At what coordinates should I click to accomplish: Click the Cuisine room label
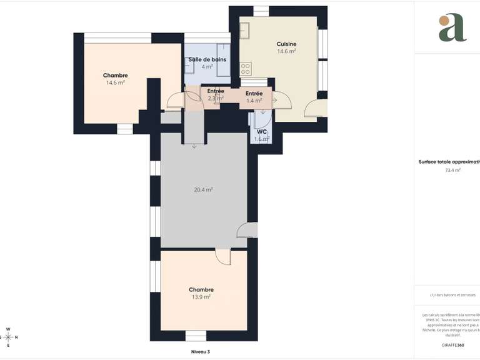pyautogui.click(x=286, y=44)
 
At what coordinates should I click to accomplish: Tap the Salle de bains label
pyautogui.click(x=207, y=59)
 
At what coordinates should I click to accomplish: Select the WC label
pyautogui.click(x=262, y=132)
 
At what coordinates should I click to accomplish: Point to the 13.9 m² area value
pyautogui.click(x=201, y=297)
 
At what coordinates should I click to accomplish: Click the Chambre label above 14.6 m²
pyautogui.click(x=116, y=76)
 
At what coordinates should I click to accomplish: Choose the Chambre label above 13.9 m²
pyautogui.click(x=201, y=289)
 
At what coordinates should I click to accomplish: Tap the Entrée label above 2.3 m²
pyautogui.click(x=216, y=91)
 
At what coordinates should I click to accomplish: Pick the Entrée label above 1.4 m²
pyautogui.click(x=254, y=93)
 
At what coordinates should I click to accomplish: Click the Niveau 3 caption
pyautogui.click(x=201, y=352)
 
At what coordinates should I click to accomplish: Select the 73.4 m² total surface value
pyautogui.click(x=452, y=170)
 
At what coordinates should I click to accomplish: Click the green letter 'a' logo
pyautogui.click(x=452, y=27)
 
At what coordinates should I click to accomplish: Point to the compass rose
pyautogui.click(x=7, y=337)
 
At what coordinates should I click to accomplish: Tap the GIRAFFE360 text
pyautogui.click(x=452, y=345)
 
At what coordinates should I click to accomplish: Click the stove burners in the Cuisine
pyautogui.click(x=246, y=68)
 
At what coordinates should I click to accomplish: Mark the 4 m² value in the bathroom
pyautogui.click(x=207, y=66)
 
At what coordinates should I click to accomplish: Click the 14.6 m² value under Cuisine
pyautogui.click(x=286, y=51)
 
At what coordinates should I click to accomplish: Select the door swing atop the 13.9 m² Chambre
pyautogui.click(x=223, y=256)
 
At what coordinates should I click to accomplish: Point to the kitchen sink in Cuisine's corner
pyautogui.click(x=244, y=29)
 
